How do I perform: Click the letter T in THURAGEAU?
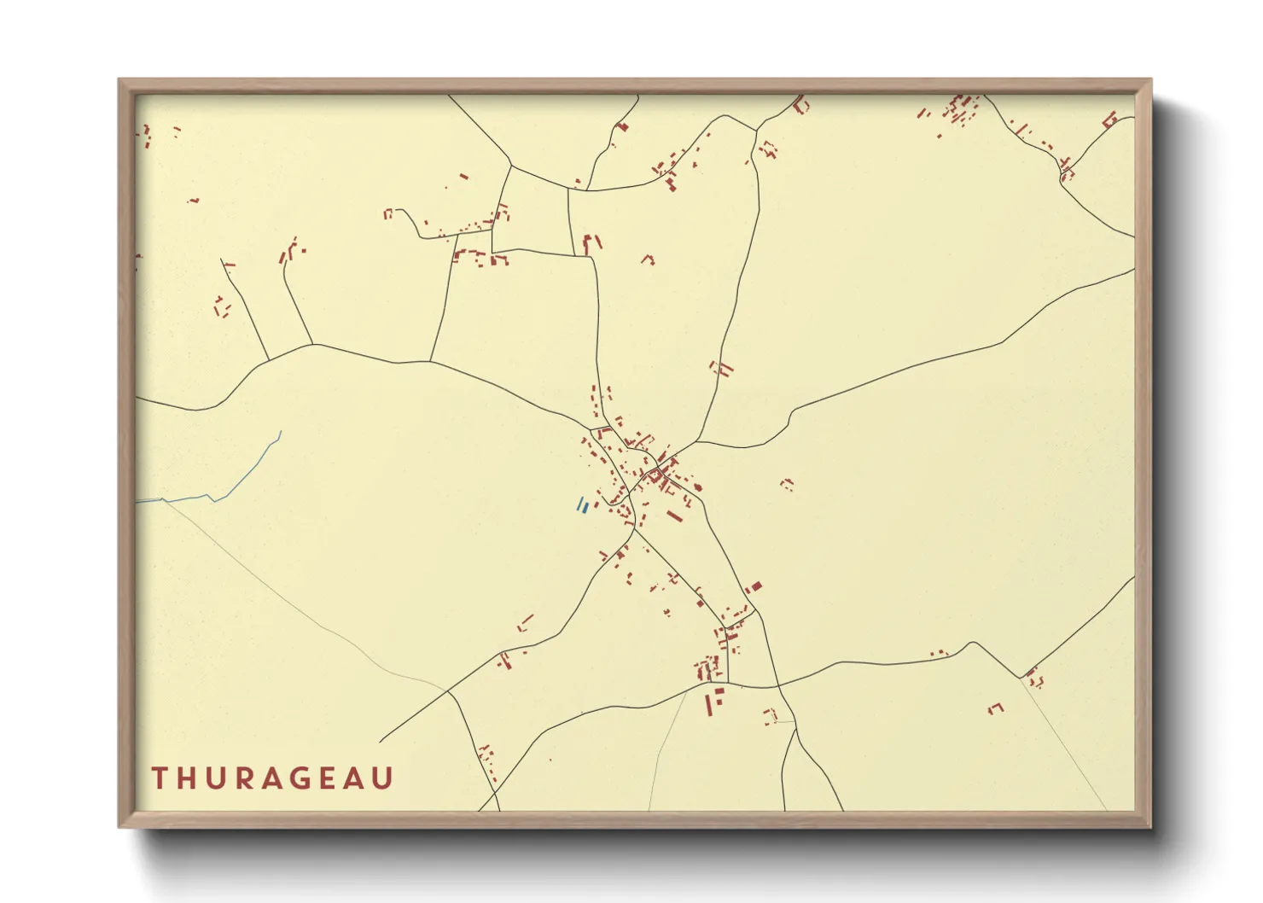159,778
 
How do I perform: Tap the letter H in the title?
189,778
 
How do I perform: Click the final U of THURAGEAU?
382,778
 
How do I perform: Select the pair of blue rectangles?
582,505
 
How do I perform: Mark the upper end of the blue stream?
281,432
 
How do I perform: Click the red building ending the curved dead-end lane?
387,213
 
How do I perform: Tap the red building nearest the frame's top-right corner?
1109,119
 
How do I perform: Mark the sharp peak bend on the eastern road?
972,642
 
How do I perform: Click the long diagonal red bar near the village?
674,516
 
